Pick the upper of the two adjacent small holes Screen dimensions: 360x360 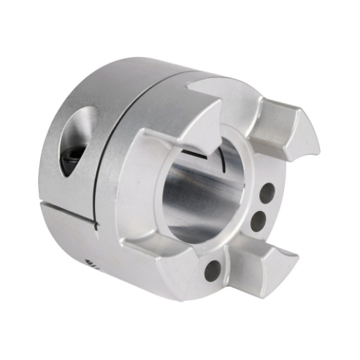click(x=267, y=193)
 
